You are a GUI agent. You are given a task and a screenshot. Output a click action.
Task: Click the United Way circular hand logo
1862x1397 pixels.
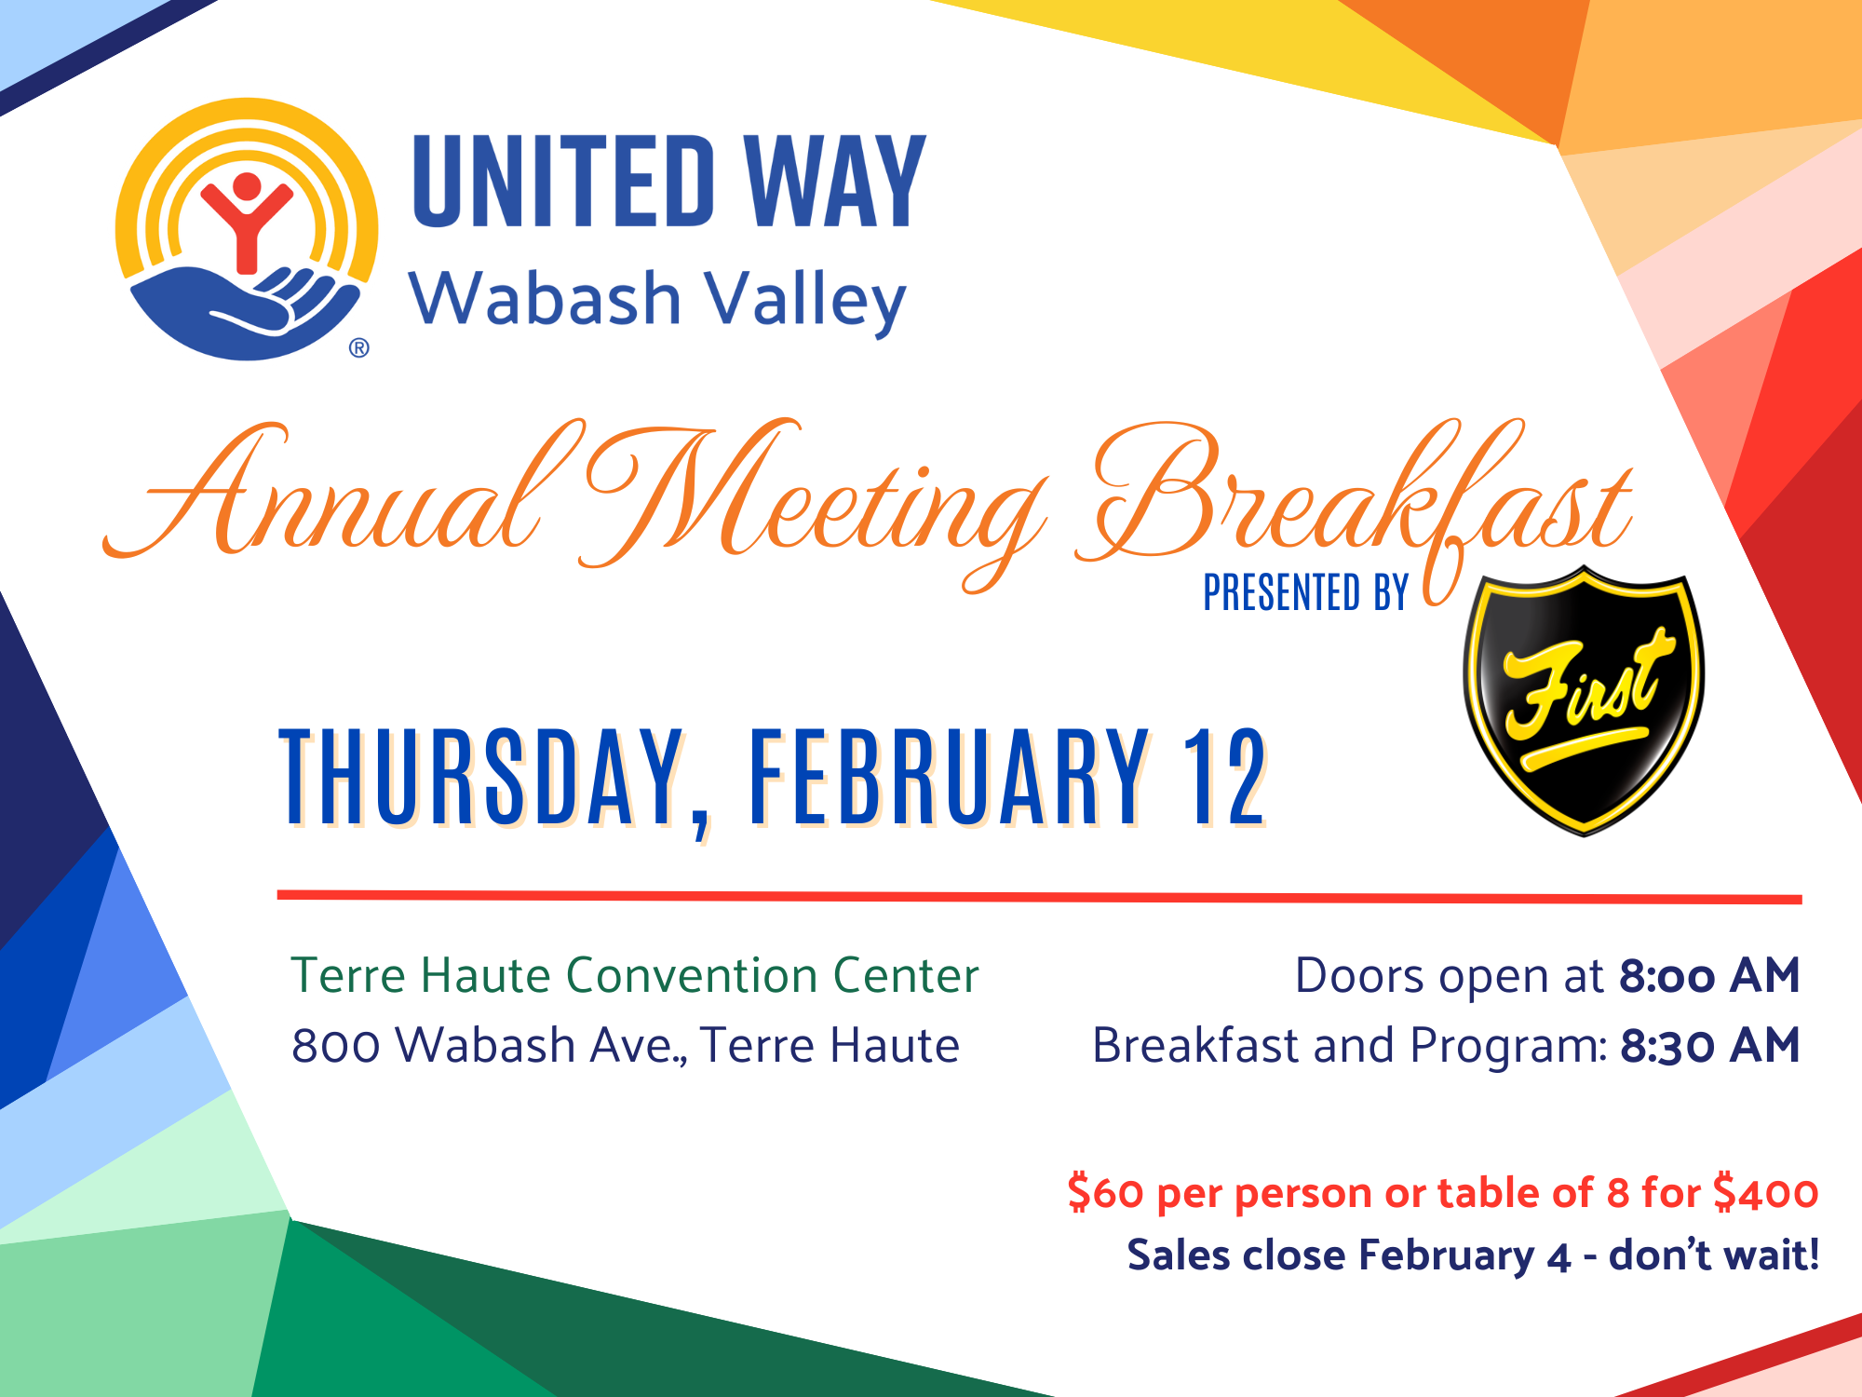click(247, 229)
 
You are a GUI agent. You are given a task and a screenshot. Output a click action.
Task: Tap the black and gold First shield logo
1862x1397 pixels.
click(1584, 700)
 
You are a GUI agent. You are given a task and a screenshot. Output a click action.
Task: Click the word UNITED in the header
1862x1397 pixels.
click(564, 181)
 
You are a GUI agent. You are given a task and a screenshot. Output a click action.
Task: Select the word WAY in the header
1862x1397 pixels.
click(835, 181)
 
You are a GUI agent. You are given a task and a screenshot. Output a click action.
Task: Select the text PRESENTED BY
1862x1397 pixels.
click(1305, 592)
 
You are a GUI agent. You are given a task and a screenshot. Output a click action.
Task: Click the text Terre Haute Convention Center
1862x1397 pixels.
click(635, 976)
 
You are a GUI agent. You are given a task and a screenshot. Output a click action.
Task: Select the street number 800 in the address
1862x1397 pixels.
click(336, 1046)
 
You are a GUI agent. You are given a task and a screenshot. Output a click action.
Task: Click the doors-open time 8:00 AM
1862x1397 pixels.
click(1709, 976)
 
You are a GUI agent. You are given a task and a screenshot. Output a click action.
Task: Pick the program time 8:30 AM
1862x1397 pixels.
click(1710, 1046)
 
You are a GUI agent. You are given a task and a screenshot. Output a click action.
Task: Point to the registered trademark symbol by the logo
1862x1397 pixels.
click(359, 348)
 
